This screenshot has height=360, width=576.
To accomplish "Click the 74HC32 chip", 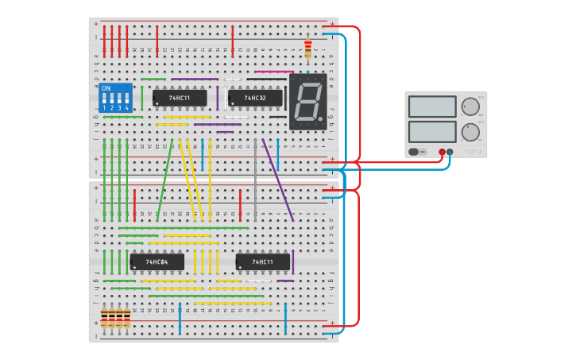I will pyautogui.click(x=254, y=99).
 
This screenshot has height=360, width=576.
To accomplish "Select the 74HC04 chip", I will pyautogui.click(x=157, y=261).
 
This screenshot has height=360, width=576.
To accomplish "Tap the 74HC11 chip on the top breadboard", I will pyautogui.click(x=180, y=99).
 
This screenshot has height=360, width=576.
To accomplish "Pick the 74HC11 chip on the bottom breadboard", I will pyautogui.click(x=262, y=261).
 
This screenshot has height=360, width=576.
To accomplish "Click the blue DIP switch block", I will pyautogui.click(x=114, y=98).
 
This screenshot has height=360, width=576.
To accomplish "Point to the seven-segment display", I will pyautogui.click(x=307, y=102).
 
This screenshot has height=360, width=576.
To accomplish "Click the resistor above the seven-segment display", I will pyautogui.click(x=308, y=49).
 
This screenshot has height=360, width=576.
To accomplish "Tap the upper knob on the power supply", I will pyautogui.click(x=470, y=106).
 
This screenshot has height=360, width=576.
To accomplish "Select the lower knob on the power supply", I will pyautogui.click(x=470, y=131).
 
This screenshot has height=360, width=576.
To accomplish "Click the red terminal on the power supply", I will pyautogui.click(x=442, y=151).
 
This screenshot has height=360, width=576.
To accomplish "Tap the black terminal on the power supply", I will pyautogui.click(x=450, y=151).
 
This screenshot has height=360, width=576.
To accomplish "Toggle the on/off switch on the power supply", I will pyautogui.click(x=413, y=151).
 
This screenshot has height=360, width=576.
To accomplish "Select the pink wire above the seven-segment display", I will pyautogui.click(x=273, y=72).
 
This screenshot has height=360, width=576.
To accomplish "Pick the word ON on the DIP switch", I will pyautogui.click(x=106, y=88).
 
